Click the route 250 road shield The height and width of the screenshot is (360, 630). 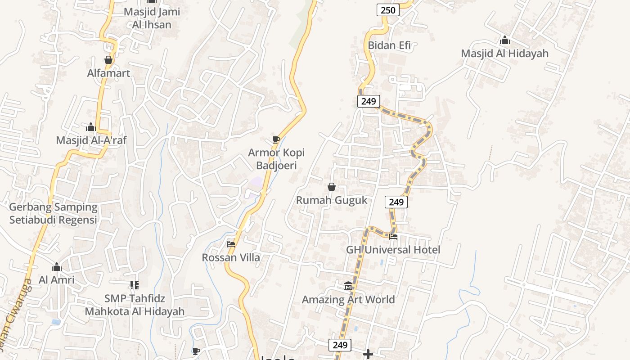[388, 10]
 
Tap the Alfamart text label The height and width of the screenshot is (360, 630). [108, 73]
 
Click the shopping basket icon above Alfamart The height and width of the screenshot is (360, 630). [108, 60]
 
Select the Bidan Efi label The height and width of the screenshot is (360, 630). [389, 45]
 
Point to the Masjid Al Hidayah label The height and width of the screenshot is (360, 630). [504, 54]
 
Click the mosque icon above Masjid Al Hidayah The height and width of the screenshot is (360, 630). [504, 40]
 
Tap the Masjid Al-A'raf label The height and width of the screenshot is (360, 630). [91, 140]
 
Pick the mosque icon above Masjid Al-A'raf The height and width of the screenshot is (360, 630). [91, 127]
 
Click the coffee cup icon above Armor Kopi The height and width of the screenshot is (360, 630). [276, 140]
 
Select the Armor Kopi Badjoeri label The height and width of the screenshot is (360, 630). [276, 159]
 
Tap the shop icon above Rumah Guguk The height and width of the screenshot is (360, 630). [332, 187]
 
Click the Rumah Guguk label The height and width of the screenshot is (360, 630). [332, 200]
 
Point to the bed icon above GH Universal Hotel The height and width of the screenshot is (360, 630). [393, 237]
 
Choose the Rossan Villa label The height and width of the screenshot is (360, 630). [231, 257]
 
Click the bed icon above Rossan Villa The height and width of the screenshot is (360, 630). [231, 244]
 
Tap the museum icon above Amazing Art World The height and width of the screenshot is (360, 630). [348, 286]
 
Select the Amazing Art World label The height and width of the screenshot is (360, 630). [348, 299]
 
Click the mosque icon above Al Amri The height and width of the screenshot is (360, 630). [56, 267]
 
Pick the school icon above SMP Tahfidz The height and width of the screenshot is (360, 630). [135, 285]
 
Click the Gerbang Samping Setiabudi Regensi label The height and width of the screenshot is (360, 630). [53, 213]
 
